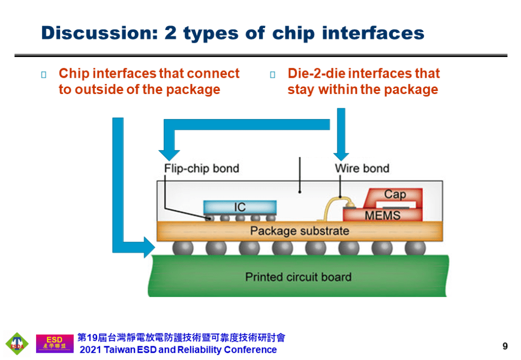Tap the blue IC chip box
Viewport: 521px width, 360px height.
click(x=240, y=207)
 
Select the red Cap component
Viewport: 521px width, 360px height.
click(x=395, y=195)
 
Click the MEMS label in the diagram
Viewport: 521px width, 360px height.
click(x=383, y=216)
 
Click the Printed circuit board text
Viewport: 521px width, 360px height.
click(x=298, y=277)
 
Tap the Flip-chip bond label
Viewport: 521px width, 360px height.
click(x=201, y=168)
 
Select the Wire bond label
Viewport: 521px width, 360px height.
click(x=362, y=168)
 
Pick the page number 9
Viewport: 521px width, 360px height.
click(x=505, y=346)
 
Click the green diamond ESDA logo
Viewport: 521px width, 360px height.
click(x=17, y=344)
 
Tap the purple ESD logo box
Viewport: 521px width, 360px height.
click(x=54, y=343)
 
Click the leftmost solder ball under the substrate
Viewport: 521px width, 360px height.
click(x=183, y=248)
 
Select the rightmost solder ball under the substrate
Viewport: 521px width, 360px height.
click(x=415, y=248)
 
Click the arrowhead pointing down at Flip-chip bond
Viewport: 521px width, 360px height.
click(x=169, y=154)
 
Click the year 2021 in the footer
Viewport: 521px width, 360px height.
click(x=91, y=350)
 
